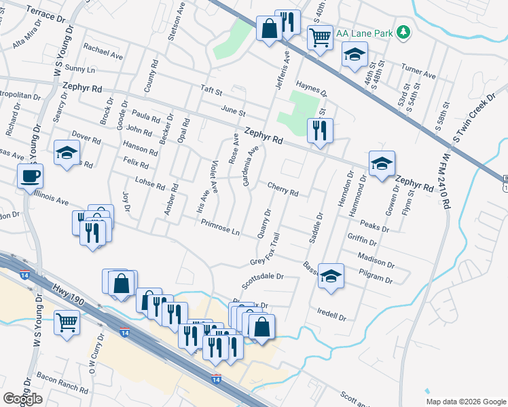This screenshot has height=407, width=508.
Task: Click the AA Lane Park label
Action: click(x=362, y=32)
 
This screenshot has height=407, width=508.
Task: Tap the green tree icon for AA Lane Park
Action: click(x=404, y=32)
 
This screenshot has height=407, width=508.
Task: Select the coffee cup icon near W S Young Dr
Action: click(x=31, y=176)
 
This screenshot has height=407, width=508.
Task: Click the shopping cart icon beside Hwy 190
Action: click(x=67, y=323)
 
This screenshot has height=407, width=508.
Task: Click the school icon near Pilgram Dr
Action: click(x=331, y=276)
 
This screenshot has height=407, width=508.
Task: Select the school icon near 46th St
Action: click(x=353, y=55)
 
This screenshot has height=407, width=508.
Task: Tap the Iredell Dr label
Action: click(x=332, y=317)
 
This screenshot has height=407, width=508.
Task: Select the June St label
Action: click(x=232, y=110)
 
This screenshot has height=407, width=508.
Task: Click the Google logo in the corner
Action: click(x=22, y=399)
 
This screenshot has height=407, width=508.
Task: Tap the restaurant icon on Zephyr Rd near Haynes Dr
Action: click(x=319, y=130)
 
